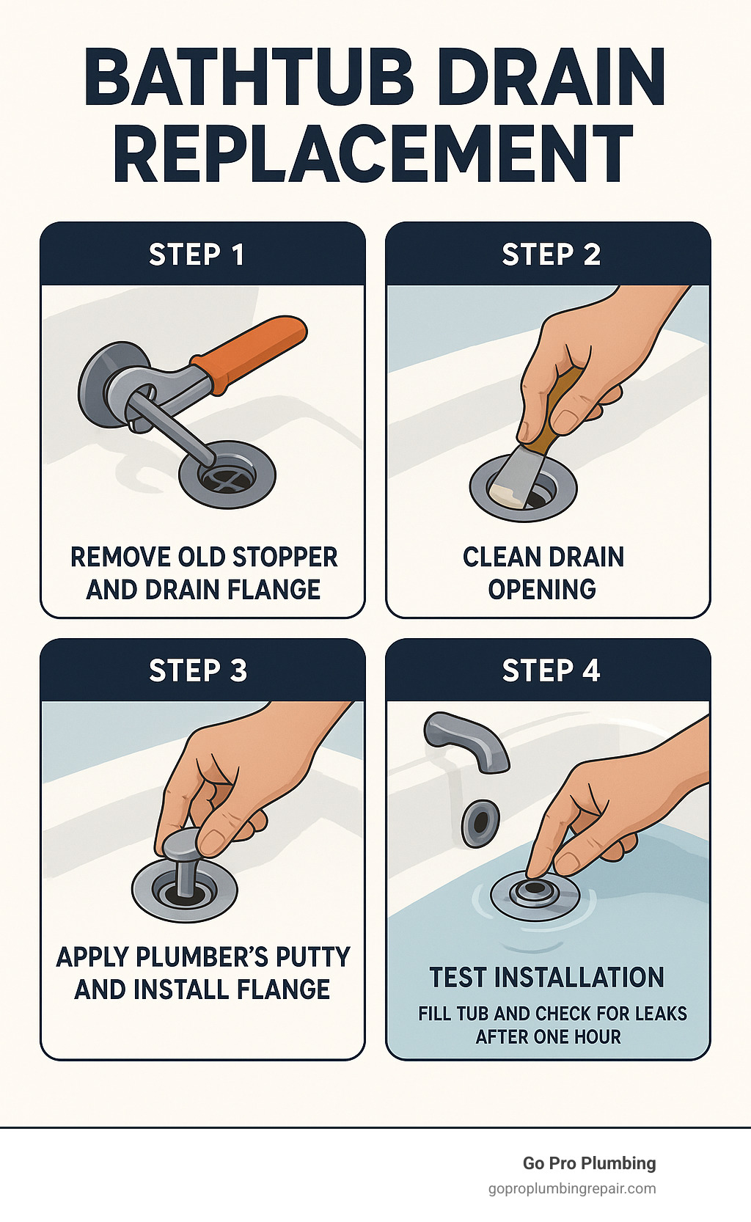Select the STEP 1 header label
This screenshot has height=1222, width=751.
[197, 255]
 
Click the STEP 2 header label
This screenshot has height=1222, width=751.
[551, 255]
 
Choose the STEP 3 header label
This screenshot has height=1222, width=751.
[198, 670]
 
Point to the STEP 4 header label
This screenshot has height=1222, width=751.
[551, 670]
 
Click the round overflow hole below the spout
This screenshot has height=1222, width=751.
[480, 824]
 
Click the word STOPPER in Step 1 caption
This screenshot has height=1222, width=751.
[285, 557]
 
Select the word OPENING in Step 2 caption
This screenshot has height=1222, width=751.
[542, 590]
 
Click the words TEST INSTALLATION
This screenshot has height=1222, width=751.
[547, 977]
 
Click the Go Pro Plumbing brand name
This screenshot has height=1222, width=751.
[589, 1163]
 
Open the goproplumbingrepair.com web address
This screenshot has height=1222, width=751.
[572, 1189]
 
